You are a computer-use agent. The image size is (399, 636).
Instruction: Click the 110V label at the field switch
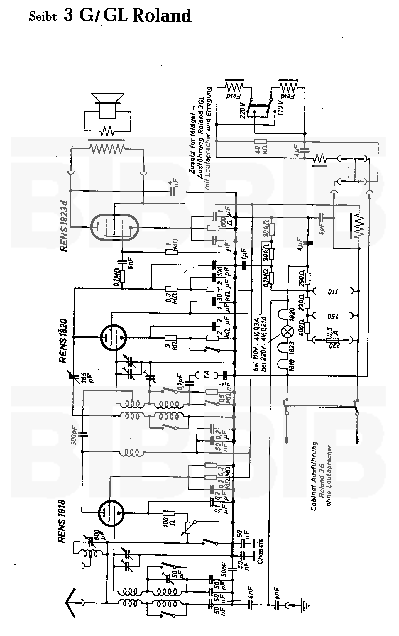point(281,108)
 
